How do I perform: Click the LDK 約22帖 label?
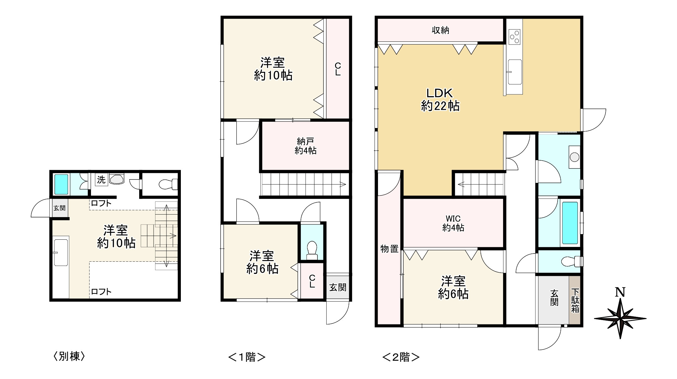(x=440, y=100)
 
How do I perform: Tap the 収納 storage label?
(x=440, y=30)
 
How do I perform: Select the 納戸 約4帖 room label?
(x=306, y=146)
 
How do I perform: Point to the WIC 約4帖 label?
(x=453, y=223)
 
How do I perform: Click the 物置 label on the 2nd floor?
(x=389, y=249)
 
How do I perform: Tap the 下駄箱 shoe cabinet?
(x=575, y=300)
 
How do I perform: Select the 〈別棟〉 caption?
(x=69, y=356)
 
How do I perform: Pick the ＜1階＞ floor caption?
(x=247, y=357)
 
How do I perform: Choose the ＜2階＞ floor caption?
(x=401, y=357)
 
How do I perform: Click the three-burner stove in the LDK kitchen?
(x=515, y=37)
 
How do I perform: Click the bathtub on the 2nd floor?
(x=570, y=223)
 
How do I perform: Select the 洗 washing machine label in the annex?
(x=101, y=180)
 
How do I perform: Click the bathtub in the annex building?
(x=61, y=184)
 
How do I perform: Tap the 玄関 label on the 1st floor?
(x=338, y=287)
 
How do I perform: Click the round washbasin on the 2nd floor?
(x=575, y=157)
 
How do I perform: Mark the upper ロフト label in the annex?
(x=101, y=203)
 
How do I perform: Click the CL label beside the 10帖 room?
(x=338, y=69)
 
